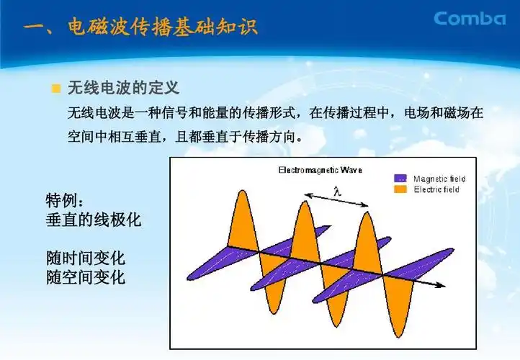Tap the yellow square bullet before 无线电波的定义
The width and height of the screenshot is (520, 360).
pyautogui.click(x=55, y=89)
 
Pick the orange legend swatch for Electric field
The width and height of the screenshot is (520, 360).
pyautogui.click(x=400, y=189)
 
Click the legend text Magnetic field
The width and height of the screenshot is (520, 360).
pyautogui.click(x=439, y=179)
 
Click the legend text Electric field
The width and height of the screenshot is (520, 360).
pyautogui.click(x=436, y=189)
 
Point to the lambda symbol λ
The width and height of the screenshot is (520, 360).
pyautogui.click(x=336, y=190)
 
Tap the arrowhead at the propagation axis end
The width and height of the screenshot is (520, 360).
pyautogui.click(x=439, y=285)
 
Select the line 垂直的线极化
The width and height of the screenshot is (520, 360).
pyautogui.click(x=94, y=220)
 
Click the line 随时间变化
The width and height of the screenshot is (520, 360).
pyautogui.click(x=86, y=258)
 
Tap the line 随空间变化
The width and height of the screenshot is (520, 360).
pyautogui.click(x=86, y=277)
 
